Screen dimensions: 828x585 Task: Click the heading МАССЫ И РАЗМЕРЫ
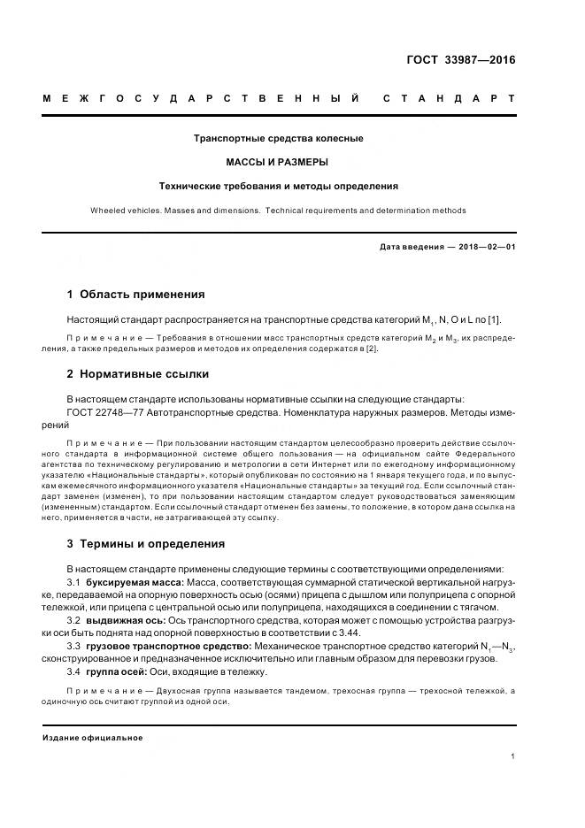pos(278,162)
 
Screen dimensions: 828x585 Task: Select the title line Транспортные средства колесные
pos(278,139)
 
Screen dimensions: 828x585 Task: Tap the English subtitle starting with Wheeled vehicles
pos(278,211)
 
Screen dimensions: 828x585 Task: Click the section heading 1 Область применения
pos(135,295)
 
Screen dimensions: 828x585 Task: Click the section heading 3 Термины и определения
pos(145,543)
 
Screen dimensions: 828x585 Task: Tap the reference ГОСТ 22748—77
pos(104,412)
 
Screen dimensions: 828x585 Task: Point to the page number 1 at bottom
pos(513,756)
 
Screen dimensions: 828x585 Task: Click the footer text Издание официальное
pos(93,737)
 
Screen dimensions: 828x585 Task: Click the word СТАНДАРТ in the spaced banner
pos(449,98)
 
